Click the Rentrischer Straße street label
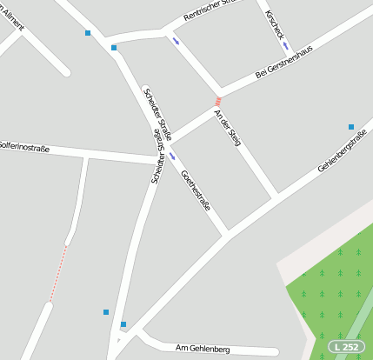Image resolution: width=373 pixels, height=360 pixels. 212,11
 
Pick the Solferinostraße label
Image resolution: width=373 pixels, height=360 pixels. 23,147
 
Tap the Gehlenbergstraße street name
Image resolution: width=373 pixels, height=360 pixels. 342,150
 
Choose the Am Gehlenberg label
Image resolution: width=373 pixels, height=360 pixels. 202,349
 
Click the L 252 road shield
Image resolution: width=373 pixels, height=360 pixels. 346,347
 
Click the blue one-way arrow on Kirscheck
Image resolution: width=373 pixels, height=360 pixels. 286,45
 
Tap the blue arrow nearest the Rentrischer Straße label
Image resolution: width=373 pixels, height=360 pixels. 177,40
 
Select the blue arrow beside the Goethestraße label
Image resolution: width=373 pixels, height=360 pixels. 173,157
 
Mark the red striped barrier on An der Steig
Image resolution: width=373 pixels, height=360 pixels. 218,102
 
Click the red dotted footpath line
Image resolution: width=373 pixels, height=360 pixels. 57,272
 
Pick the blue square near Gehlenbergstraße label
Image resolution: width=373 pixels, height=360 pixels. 351,127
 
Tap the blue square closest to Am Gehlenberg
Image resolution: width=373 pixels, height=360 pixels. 123,324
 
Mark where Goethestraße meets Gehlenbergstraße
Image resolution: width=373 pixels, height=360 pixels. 228,233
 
